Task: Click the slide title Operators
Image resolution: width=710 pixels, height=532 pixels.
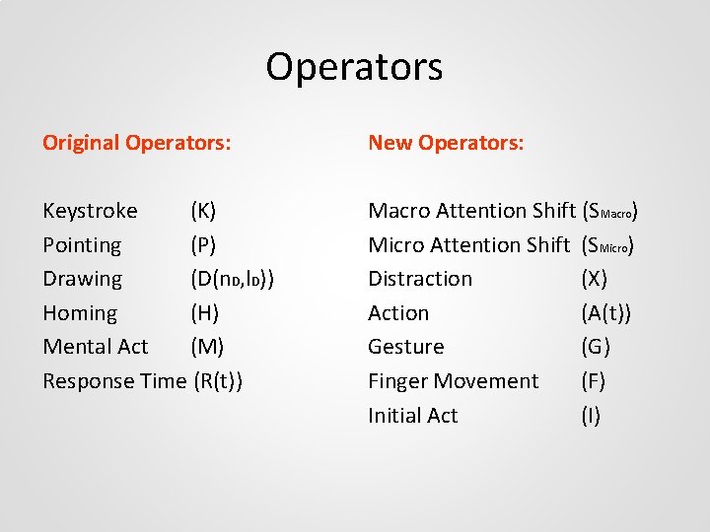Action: click(x=354, y=67)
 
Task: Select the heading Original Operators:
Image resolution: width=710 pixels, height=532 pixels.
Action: click(x=137, y=143)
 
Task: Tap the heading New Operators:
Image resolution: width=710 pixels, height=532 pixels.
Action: click(x=446, y=143)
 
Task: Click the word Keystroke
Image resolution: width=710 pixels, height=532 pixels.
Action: click(x=90, y=211)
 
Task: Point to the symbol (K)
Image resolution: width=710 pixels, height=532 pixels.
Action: click(x=204, y=211)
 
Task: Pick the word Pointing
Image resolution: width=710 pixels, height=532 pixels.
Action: click(x=82, y=245)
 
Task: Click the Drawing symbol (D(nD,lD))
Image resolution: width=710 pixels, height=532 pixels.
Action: click(x=232, y=279)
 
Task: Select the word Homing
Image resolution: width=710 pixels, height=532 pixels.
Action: click(x=80, y=313)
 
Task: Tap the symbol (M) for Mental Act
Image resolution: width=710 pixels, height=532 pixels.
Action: click(x=207, y=347)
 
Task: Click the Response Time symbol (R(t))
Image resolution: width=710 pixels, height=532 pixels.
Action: click(x=219, y=381)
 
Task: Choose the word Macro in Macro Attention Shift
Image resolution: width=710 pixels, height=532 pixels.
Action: click(x=398, y=211)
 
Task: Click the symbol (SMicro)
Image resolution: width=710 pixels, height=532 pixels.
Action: click(x=607, y=245)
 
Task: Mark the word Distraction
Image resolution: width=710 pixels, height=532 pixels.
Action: click(x=420, y=279)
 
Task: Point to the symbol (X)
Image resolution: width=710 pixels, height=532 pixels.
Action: click(x=596, y=279)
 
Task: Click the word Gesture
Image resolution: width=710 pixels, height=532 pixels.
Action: click(x=406, y=347)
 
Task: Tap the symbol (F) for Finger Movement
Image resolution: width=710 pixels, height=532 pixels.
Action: click(x=595, y=381)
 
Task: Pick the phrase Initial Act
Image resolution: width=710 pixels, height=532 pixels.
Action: click(x=413, y=416)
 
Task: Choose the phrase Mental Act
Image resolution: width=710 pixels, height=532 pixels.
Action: click(x=96, y=347)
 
